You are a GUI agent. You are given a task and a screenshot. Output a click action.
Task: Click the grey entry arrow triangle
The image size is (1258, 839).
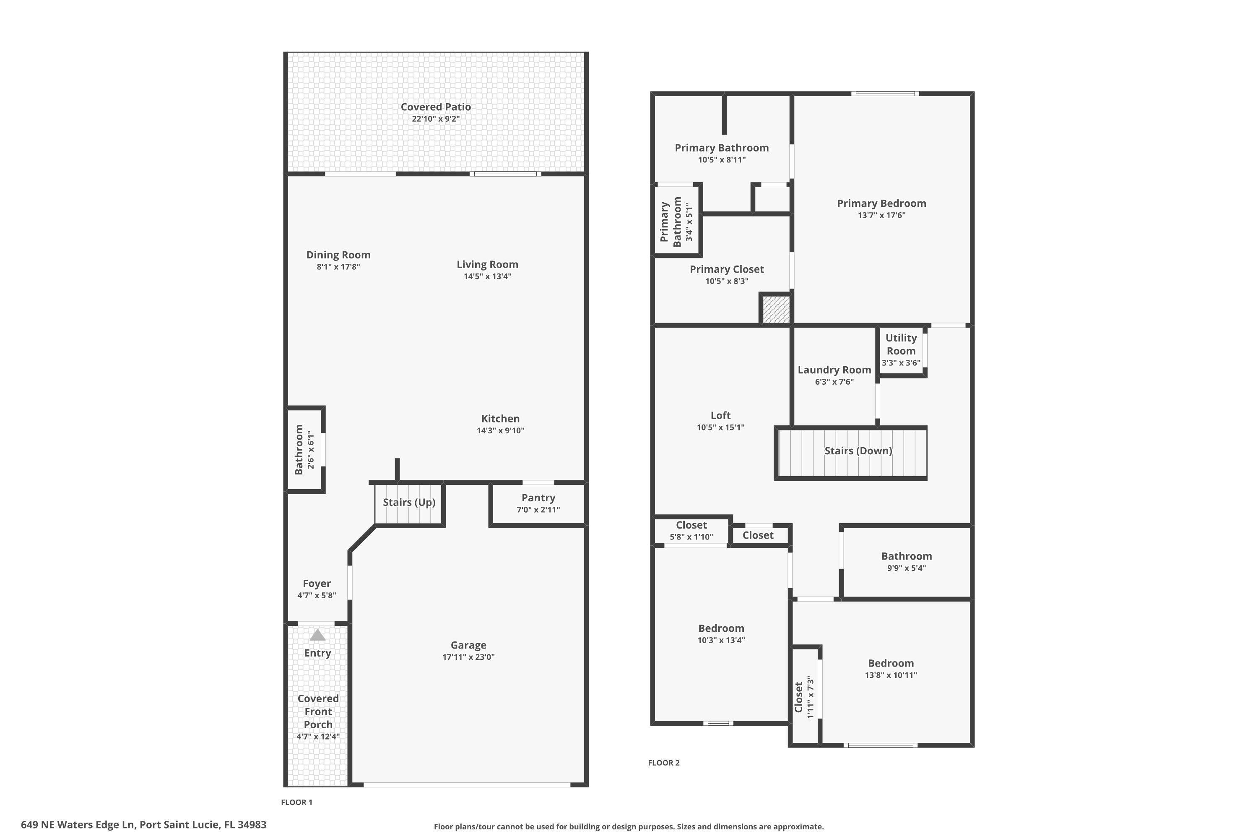coord(318,635)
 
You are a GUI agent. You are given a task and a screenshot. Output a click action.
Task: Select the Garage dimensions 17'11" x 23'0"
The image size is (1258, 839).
coord(468,657)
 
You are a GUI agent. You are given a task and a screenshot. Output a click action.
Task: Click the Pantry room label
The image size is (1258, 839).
coord(538,498)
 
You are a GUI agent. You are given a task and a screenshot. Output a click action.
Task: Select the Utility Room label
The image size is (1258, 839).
coord(901,344)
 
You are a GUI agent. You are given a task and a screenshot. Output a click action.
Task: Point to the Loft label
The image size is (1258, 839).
coord(720,415)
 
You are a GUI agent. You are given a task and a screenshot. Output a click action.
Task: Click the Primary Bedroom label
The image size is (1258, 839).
coord(881,203)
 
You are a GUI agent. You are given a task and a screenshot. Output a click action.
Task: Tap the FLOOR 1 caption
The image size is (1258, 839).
coord(296,802)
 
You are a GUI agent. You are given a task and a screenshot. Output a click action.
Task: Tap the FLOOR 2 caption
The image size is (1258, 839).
coord(663,763)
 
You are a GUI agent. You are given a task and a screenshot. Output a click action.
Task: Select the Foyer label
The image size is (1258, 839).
coord(317,583)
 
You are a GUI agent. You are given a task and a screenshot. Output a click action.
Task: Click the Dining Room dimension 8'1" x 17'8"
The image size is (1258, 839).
coord(338,267)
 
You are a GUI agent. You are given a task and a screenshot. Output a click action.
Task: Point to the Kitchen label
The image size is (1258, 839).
coord(500,418)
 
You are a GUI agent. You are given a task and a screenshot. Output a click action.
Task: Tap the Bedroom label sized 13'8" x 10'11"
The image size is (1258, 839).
coord(891,663)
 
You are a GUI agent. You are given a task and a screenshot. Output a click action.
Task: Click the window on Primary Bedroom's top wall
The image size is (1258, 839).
coord(885,94)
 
